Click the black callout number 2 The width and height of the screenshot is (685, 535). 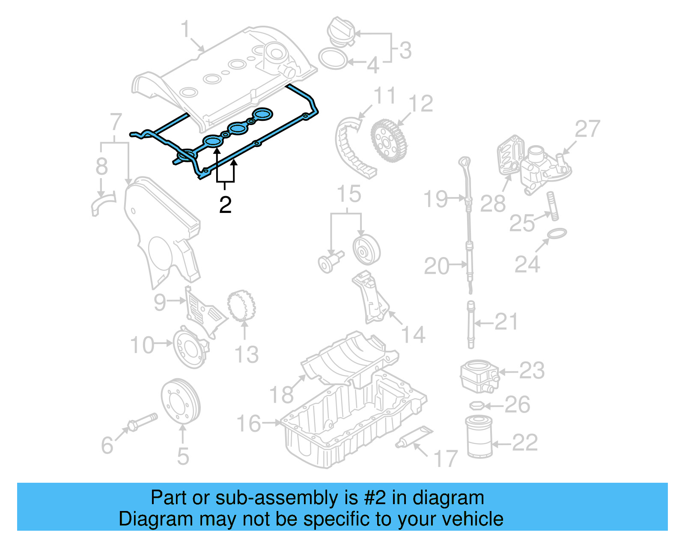click(225, 205)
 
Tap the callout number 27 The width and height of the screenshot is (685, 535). click(587, 129)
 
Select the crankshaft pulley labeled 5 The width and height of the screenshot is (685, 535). click(180, 401)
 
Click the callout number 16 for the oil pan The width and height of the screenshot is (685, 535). click(249, 424)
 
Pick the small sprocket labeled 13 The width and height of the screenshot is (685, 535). click(242, 306)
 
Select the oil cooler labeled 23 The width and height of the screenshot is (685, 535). click(479, 376)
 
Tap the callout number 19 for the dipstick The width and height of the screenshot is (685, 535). click(435, 199)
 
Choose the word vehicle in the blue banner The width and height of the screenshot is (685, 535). click(472, 519)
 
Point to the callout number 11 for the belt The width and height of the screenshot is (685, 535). click(384, 96)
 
